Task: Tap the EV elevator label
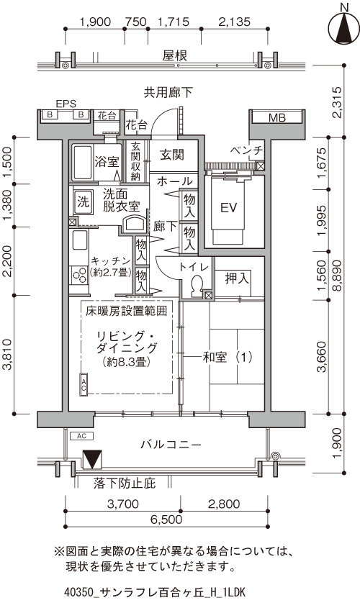pos(229,207)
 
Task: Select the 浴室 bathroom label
pos(107,161)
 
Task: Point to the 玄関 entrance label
pos(172,155)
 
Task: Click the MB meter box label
pos(277,117)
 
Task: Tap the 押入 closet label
pos(237,278)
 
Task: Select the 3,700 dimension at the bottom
pos(122,504)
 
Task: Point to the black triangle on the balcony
pos(93,460)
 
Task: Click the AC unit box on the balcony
pos(82,435)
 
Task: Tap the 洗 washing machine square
pos(83,202)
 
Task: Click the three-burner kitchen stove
pos(79,275)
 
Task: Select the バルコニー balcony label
pos(171,445)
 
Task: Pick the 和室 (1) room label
pos(228,357)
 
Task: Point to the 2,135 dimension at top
pos(235,22)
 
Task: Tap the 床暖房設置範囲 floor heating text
pos(127,311)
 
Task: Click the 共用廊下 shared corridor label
pos(168,92)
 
